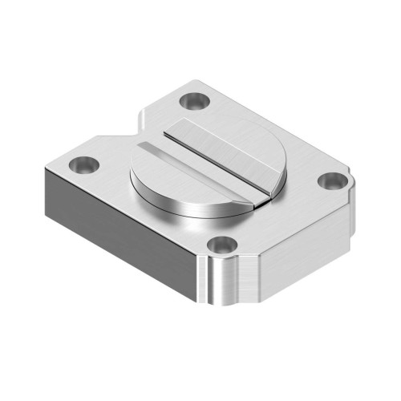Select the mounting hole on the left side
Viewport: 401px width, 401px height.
pyautogui.click(x=83, y=164)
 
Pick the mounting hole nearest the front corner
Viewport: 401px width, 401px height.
pyautogui.click(x=220, y=245)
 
